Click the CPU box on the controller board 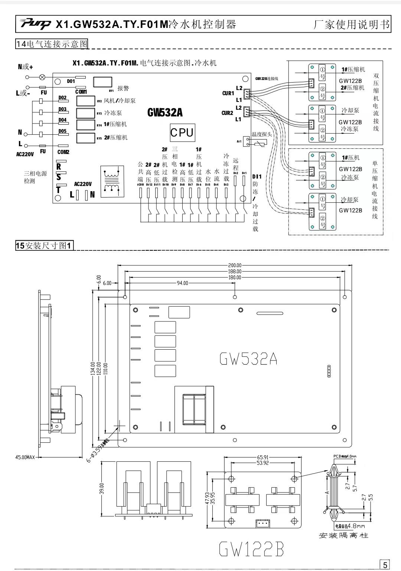click(x=182, y=133)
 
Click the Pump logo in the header click(x=36, y=25)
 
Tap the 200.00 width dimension click(x=235, y=265)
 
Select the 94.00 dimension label click(x=182, y=283)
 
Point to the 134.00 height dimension click(x=93, y=369)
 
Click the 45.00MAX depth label click(x=25, y=457)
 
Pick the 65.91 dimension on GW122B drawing click(x=263, y=457)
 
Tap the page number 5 click(x=385, y=565)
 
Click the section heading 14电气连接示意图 click(x=52, y=44)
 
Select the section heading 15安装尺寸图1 click(x=45, y=246)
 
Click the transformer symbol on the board click(x=112, y=180)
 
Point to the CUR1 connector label click(x=228, y=93)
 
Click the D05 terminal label click(x=62, y=131)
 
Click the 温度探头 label click(x=262, y=134)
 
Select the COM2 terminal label click(x=63, y=152)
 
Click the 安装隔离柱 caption click(x=343, y=536)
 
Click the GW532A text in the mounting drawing click(x=248, y=359)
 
